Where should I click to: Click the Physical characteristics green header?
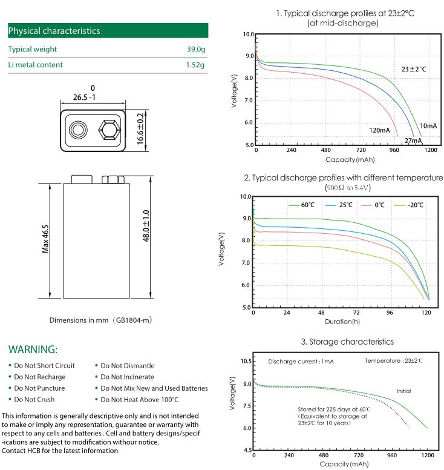coord(108,31)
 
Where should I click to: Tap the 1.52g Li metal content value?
coord(195,65)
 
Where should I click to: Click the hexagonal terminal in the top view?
coord(108,130)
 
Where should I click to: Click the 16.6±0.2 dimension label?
coord(140,128)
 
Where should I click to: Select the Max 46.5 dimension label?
coord(45,239)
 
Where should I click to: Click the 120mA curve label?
coord(380,130)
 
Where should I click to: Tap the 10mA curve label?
coord(428,125)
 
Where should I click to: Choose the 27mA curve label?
coord(413,141)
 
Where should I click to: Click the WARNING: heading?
coord(33,349)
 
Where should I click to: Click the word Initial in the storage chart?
coord(403,391)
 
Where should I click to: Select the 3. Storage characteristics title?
coord(347,342)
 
